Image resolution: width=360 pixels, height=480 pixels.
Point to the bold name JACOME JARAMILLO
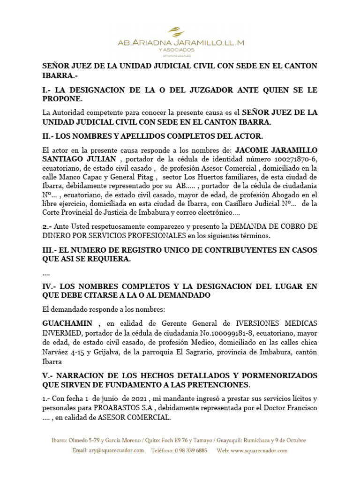276,150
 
